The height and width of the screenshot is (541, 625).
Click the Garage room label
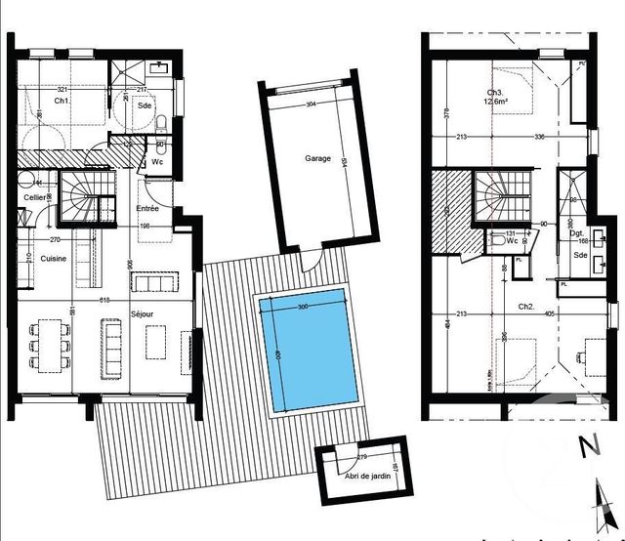click(x=317, y=158)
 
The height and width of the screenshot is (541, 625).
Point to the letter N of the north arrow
click(x=588, y=449)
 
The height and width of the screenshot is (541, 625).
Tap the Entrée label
click(x=146, y=208)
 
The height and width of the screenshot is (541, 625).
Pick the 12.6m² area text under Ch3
click(x=501, y=104)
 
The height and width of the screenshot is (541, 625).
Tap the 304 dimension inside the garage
click(x=311, y=104)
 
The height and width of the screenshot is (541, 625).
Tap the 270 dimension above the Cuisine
click(x=55, y=238)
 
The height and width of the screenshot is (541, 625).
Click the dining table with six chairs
click(x=50, y=348)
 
